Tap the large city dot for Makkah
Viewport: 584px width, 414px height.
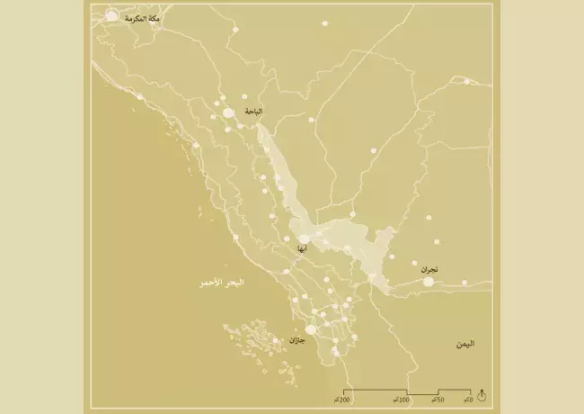[x=111, y=15]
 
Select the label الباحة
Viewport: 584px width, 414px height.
[x=254, y=112]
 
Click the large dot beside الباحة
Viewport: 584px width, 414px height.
[x=229, y=112]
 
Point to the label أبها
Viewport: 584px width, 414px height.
[x=302, y=248]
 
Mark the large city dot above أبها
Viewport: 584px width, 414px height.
[x=304, y=238]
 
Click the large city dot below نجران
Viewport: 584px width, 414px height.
[x=429, y=282]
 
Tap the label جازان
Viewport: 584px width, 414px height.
[x=296, y=340]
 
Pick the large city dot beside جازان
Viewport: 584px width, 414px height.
[x=311, y=330]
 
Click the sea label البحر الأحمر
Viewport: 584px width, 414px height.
[x=222, y=283]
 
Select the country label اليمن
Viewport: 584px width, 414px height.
[x=465, y=344]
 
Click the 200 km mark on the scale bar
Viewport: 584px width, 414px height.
[x=341, y=399]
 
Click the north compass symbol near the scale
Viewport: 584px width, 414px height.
[x=482, y=395]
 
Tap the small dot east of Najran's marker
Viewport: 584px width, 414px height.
[x=465, y=283]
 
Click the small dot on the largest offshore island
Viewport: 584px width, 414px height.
[x=276, y=341]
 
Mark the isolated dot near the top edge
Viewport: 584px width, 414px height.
[x=325, y=23]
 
